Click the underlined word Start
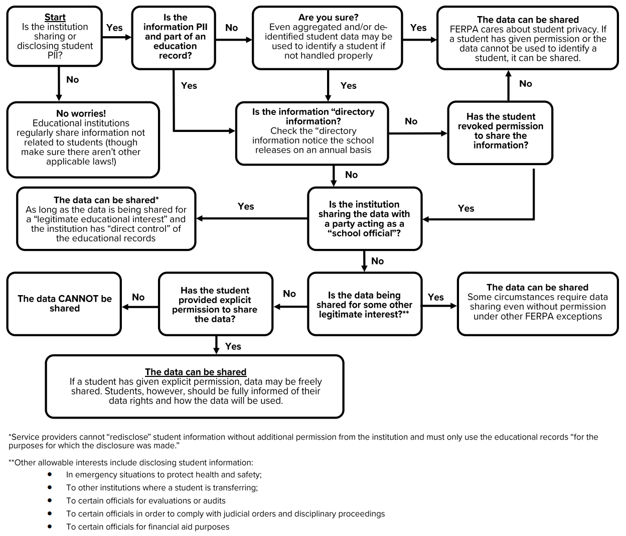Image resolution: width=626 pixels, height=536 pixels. [x=55, y=17]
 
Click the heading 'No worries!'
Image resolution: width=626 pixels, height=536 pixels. [x=81, y=113]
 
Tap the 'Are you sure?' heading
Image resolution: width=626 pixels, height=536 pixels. [x=328, y=18]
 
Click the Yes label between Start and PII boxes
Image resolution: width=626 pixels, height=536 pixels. [x=114, y=28]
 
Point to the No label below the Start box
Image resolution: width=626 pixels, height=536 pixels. [x=73, y=80]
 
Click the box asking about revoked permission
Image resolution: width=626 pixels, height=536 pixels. [x=500, y=132]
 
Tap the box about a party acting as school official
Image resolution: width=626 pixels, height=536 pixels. [x=365, y=218]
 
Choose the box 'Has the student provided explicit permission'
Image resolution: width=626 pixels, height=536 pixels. [x=216, y=304]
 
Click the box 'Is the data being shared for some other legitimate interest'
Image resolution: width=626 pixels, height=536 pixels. [x=365, y=304]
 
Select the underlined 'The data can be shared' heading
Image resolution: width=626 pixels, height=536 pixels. [x=196, y=372]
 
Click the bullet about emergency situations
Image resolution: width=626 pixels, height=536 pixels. [x=164, y=474]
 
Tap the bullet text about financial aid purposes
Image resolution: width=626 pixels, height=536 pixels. [x=148, y=527]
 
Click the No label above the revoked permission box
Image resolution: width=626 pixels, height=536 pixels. [x=526, y=84]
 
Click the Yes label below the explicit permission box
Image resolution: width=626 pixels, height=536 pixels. [x=233, y=346]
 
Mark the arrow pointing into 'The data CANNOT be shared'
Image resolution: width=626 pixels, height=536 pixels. [x=140, y=307]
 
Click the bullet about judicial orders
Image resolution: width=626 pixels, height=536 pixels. [x=226, y=514]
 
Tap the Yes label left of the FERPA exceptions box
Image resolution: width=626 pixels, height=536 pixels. [x=435, y=297]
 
